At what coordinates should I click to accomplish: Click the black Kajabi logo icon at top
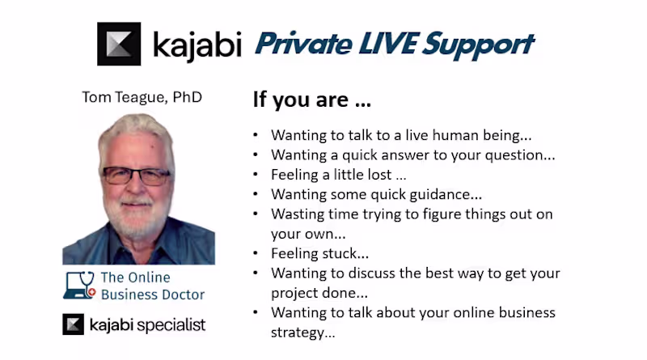coord(119,44)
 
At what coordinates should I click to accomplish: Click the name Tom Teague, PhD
coord(142,97)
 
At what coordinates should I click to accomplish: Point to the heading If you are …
coord(311,101)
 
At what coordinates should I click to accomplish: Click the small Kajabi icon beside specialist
coord(74,325)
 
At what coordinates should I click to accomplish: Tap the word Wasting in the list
coord(296,214)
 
